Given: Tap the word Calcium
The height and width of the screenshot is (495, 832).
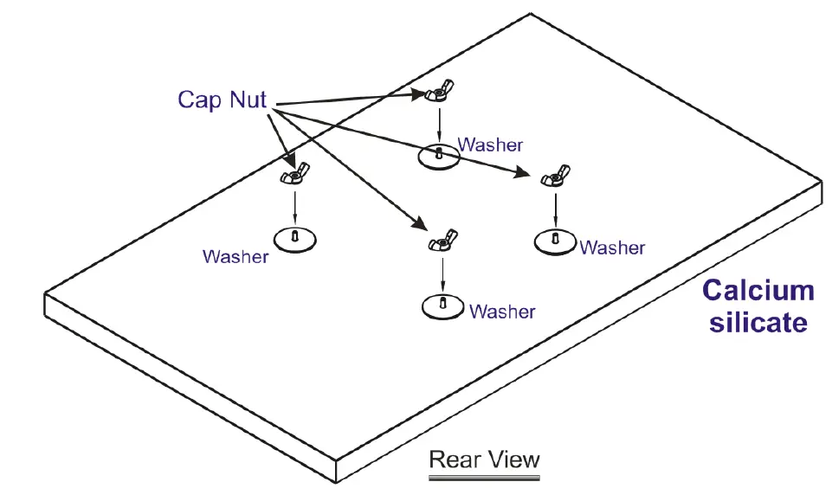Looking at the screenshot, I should click(x=758, y=290).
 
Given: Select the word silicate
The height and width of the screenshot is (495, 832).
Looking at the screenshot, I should click(x=758, y=322).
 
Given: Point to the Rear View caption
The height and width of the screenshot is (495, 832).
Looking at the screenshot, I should click(x=484, y=459).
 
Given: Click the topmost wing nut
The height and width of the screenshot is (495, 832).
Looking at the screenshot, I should click(x=439, y=90).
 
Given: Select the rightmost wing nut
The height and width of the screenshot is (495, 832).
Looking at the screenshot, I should click(x=554, y=177).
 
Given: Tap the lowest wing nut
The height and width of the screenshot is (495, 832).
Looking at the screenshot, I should click(x=442, y=241).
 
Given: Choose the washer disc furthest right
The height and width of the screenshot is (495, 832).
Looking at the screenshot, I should click(x=555, y=241).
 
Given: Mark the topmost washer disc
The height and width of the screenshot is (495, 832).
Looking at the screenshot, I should click(x=441, y=157).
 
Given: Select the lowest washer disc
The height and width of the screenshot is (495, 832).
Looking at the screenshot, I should click(x=443, y=306).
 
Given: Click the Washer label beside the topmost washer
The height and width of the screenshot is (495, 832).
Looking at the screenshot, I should click(x=490, y=145).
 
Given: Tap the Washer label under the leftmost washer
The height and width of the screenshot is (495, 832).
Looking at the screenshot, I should click(x=235, y=257).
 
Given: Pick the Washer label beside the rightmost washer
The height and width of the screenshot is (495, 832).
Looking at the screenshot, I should click(x=612, y=248).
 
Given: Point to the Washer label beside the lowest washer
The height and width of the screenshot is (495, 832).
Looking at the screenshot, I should click(x=502, y=312).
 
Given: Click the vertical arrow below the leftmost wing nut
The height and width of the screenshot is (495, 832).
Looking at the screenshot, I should click(x=295, y=205).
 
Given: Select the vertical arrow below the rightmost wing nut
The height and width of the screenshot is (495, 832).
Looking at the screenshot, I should click(x=555, y=209).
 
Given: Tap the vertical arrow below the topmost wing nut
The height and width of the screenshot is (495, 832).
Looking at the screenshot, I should click(x=440, y=123).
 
